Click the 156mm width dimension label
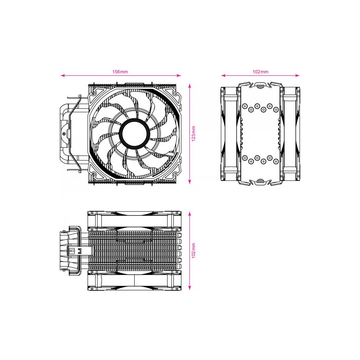tap(120, 72)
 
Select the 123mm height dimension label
tap(193, 134)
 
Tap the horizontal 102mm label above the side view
tap(261, 72)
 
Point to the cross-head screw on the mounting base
tap(64, 134)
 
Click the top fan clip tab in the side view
tap(260, 85)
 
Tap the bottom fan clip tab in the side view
tap(260, 181)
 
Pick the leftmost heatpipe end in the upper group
tap(245, 106)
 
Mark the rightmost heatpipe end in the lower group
tap(276, 161)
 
